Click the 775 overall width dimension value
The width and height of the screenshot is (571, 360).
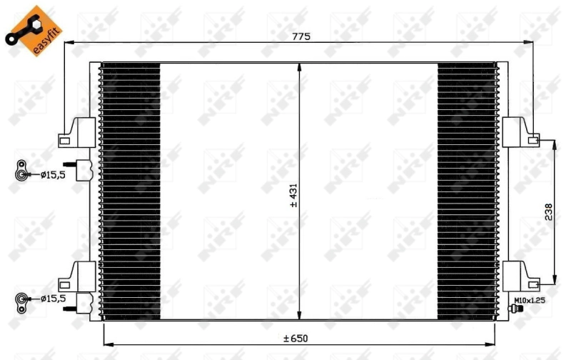click(300, 36)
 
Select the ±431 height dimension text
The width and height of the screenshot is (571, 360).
click(293, 194)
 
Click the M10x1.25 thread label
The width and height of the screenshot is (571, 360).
click(529, 301)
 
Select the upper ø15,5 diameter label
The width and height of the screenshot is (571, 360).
click(52, 174)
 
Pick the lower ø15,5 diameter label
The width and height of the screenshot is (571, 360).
click(52, 299)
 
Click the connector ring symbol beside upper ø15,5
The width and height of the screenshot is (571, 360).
click(22, 170)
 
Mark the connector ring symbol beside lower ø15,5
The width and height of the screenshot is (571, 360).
click(22, 299)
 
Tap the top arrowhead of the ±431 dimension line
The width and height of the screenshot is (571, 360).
click(300, 66)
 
